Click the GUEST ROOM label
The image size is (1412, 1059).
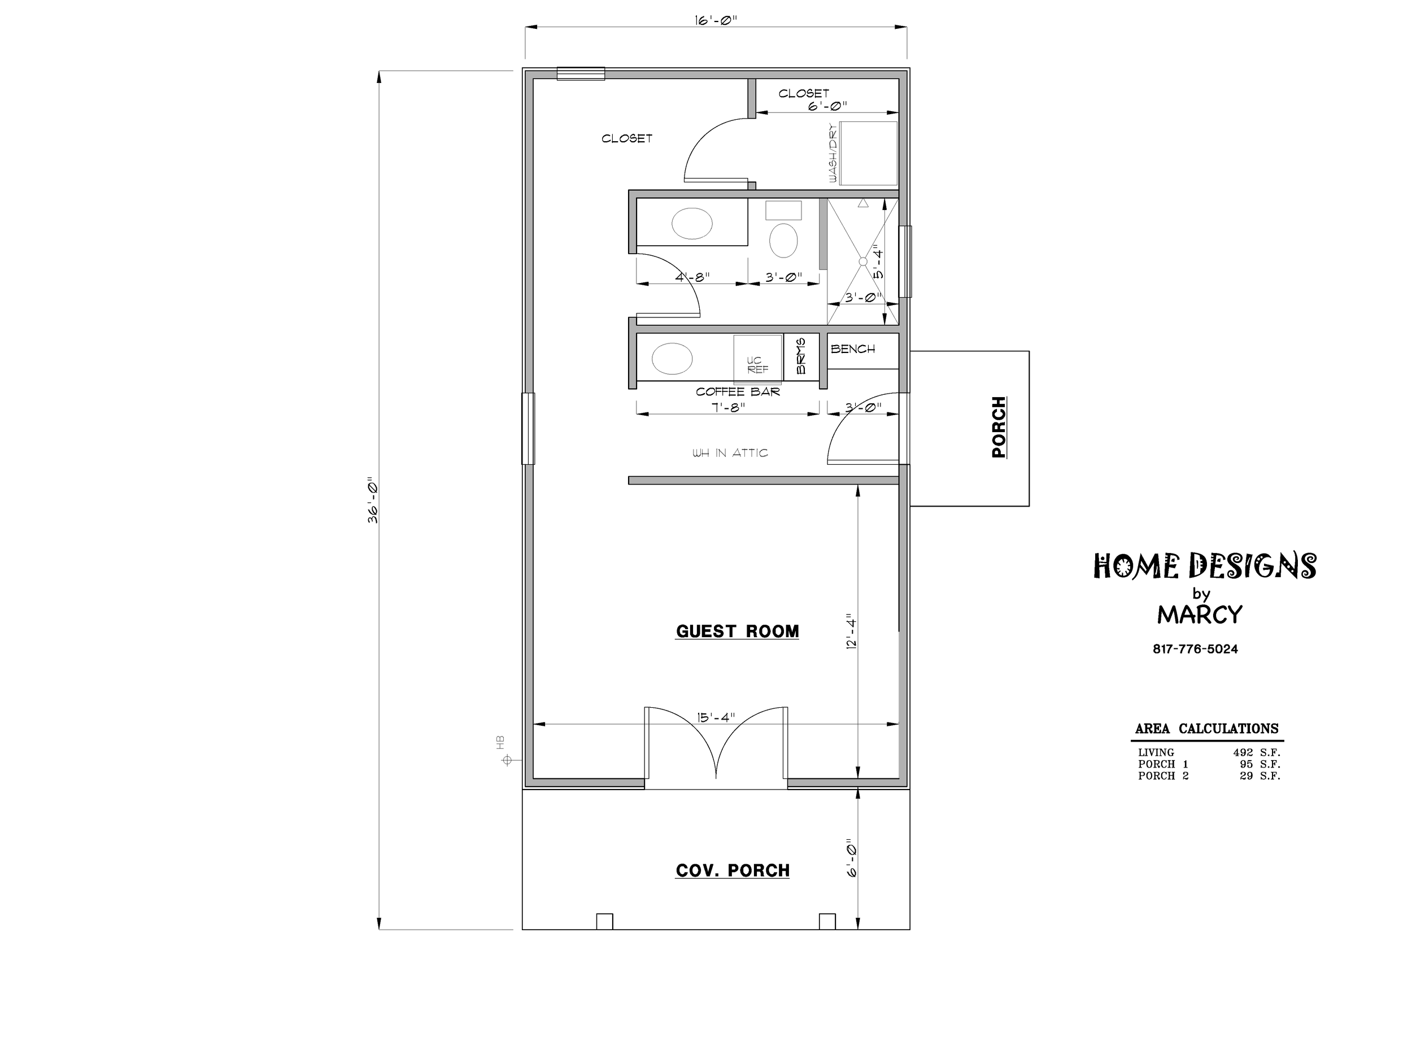pyautogui.click(x=737, y=631)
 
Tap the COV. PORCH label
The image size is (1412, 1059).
pyautogui.click(x=733, y=871)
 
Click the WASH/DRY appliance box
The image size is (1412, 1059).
pyautogui.click(x=868, y=153)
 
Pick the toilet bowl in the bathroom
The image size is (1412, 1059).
pyautogui.click(x=783, y=240)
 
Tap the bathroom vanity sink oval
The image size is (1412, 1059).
pyautogui.click(x=692, y=224)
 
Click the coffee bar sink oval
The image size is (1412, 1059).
pyautogui.click(x=672, y=359)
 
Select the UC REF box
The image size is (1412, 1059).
pyautogui.click(x=758, y=358)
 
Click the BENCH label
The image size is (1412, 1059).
pyautogui.click(x=853, y=349)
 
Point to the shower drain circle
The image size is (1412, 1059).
pyautogui.click(x=863, y=262)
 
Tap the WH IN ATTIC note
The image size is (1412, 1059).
pyautogui.click(x=730, y=452)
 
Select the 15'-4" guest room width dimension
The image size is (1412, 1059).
pyautogui.click(x=716, y=717)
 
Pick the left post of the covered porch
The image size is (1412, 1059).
pyautogui.click(x=604, y=921)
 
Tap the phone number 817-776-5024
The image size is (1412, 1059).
pyautogui.click(x=1195, y=649)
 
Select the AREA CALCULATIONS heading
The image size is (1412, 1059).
pyautogui.click(x=1206, y=729)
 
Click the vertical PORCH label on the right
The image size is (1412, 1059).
pyautogui.click(x=999, y=427)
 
